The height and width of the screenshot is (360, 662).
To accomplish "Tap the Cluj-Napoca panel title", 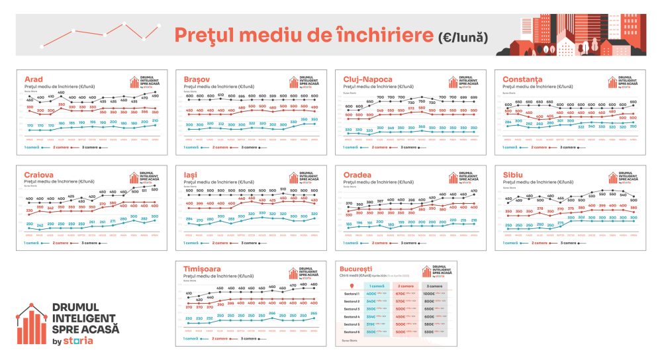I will coord(367,79).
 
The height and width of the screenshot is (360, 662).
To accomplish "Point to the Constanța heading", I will coord(522,79).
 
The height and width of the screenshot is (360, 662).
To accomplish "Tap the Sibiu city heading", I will coord(513,174).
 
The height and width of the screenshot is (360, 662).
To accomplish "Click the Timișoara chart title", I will coord(205,269).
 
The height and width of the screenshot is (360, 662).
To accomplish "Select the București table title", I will coord(357,269).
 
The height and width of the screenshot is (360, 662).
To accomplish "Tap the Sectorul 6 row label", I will coord(352,332).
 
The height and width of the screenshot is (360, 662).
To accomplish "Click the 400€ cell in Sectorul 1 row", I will coord(371,294).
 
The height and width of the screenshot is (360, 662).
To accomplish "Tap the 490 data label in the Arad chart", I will coord(156,97).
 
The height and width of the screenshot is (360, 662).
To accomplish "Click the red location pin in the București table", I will coord(352,286).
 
